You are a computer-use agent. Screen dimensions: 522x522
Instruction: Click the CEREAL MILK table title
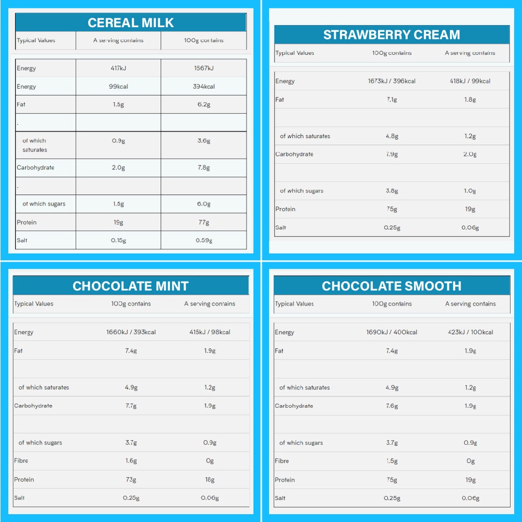[x=130, y=22]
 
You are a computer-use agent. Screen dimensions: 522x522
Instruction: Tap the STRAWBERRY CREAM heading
[x=391, y=35]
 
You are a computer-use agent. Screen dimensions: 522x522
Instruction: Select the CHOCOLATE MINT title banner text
[x=130, y=286]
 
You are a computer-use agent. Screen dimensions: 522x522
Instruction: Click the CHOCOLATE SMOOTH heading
[x=391, y=286]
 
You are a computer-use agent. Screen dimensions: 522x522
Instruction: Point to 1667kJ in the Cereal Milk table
[x=204, y=68]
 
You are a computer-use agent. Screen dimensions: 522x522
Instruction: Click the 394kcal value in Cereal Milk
[x=204, y=87]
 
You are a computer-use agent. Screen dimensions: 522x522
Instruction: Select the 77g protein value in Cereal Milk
[x=204, y=222]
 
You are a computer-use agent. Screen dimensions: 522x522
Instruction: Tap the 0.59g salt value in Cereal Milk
[x=204, y=241]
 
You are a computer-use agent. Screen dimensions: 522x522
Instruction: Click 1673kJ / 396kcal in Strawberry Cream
[x=391, y=81]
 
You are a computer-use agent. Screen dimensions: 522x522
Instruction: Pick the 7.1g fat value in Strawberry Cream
[x=391, y=100]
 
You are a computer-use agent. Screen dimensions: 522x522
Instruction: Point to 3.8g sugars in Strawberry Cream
[x=391, y=191]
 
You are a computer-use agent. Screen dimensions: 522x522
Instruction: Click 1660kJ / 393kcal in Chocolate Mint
[x=130, y=333]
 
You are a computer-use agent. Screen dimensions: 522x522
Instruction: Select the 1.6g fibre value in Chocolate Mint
[x=130, y=461]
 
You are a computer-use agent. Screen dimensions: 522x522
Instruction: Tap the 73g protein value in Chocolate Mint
[x=130, y=480]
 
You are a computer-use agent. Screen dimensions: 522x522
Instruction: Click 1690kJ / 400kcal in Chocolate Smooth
[x=391, y=333]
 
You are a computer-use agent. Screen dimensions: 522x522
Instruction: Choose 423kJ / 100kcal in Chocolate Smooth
[x=470, y=333]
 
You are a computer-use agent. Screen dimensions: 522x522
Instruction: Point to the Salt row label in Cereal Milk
[x=22, y=241]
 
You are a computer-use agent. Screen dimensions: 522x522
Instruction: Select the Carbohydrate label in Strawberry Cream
[x=294, y=155]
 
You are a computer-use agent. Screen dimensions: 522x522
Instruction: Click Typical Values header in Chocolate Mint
[x=34, y=304]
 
